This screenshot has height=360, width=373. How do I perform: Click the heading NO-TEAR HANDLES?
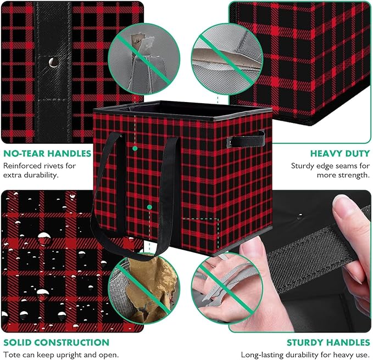[x=47, y=154]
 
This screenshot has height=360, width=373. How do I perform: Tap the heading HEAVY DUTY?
[x=340, y=154]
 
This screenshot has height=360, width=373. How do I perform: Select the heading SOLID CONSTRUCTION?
[x=57, y=342]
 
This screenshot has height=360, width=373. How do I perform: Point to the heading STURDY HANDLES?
[x=329, y=342]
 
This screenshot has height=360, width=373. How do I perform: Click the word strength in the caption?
[x=355, y=175]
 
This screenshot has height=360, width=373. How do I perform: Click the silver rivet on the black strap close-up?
[x=53, y=63]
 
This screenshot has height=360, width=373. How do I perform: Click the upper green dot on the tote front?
[x=135, y=149]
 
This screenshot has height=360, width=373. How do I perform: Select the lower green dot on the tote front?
[x=149, y=207]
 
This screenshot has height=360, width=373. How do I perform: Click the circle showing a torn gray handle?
[x=144, y=59]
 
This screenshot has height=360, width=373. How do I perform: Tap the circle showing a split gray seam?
[x=227, y=59]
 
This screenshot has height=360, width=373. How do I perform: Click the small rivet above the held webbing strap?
[x=300, y=216]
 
